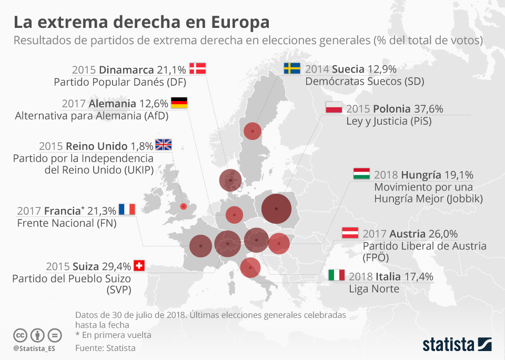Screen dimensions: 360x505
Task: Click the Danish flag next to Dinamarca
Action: tap(197, 68)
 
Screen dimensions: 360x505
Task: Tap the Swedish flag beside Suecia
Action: tap(292, 68)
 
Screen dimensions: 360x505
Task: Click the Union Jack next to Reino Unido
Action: tap(163, 145)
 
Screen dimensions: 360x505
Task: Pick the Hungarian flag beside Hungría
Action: tap(361, 174)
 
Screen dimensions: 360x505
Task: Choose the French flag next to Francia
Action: tap(127, 209)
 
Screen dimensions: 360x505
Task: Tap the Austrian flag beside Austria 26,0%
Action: tap(350, 233)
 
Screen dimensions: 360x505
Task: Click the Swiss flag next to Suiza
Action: tap(139, 266)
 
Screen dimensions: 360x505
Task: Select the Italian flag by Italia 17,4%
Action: tap(337, 275)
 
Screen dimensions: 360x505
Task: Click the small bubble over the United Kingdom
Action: tap(183, 206)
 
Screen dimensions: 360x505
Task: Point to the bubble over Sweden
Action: tap(253, 131)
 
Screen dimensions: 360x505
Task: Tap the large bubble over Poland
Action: tap(276, 209)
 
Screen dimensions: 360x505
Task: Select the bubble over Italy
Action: tap(250, 267)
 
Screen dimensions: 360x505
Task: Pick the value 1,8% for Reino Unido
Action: tap(142, 146)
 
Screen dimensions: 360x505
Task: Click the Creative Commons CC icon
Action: tap(21, 335)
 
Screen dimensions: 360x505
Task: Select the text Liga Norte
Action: tap(374, 289)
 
